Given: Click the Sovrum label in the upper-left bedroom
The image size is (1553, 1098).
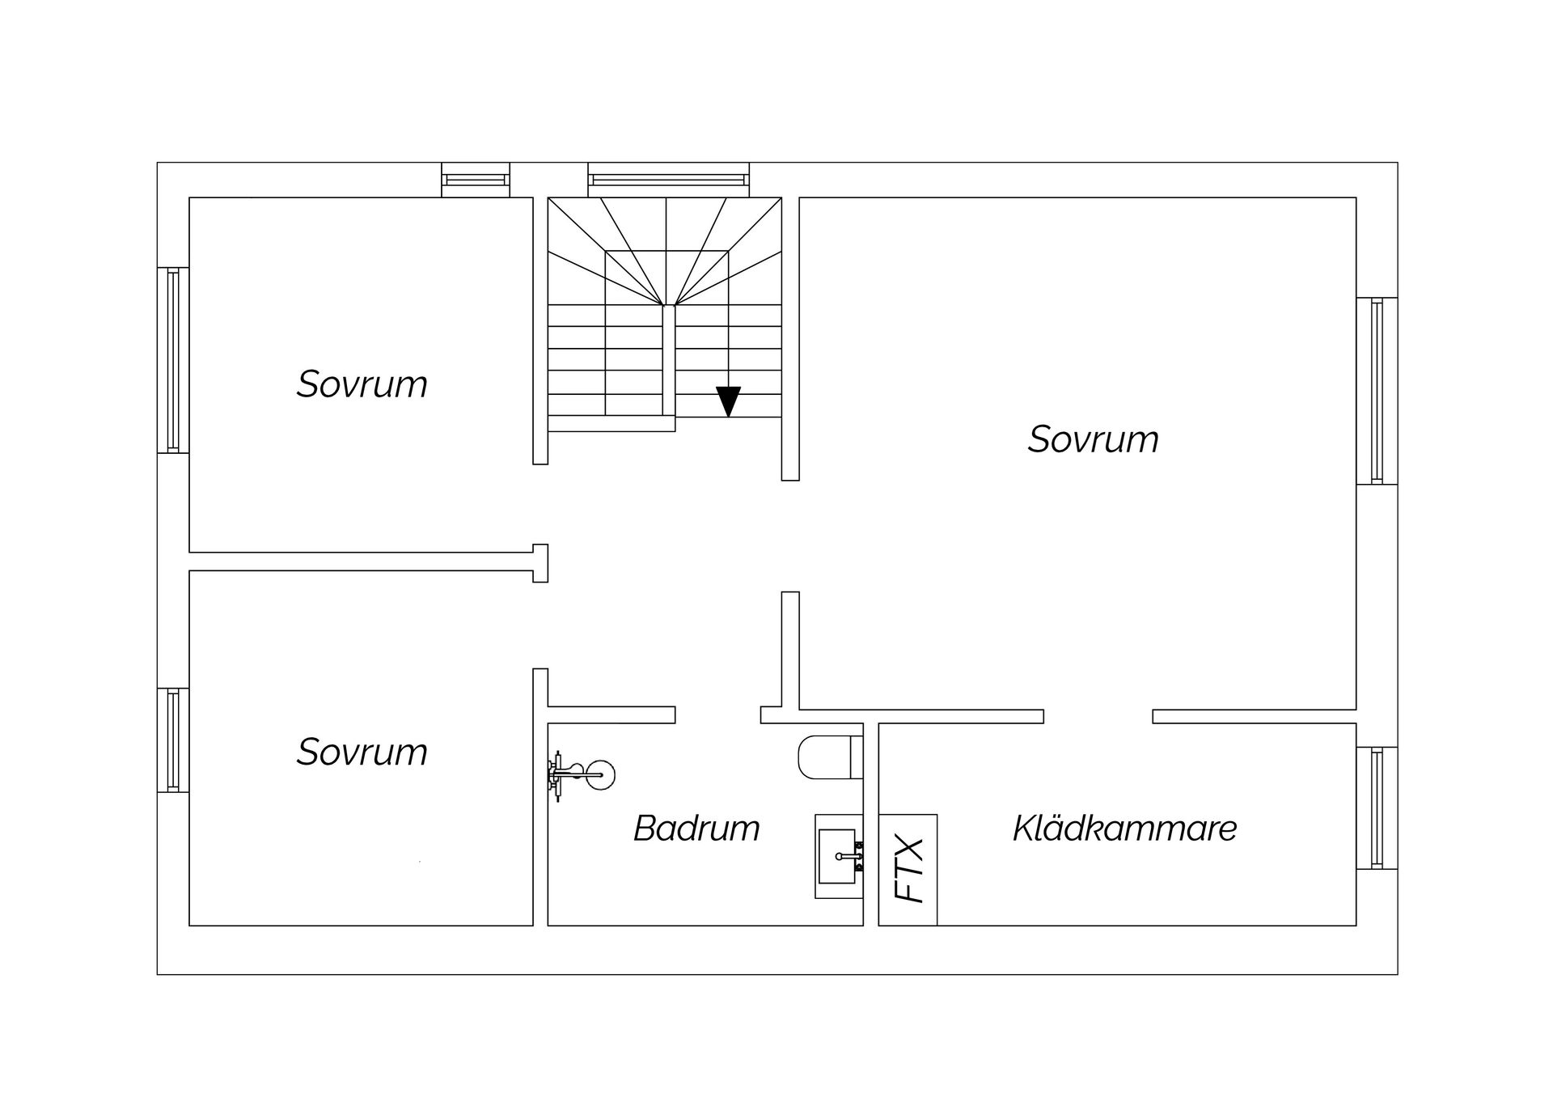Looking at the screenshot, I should pos(362,384).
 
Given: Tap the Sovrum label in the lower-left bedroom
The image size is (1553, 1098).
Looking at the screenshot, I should pos(362,752).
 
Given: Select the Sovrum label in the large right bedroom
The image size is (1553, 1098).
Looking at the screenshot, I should pos(1093,439).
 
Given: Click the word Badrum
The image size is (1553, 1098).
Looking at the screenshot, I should pos(696,828).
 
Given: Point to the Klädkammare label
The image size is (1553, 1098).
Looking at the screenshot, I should pos(1124,828).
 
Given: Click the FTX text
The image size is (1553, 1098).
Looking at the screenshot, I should pos(908,870).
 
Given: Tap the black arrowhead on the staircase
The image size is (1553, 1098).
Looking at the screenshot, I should pos(728,401).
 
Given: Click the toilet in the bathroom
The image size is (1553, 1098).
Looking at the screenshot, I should pos(829,757).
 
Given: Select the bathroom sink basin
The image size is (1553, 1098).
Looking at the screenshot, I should pos(837,855).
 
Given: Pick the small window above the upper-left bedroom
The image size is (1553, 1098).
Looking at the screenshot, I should pos(476,180).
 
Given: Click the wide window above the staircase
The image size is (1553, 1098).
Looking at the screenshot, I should pos(668,179).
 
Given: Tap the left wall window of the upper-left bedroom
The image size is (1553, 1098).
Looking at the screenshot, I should pos(172,360).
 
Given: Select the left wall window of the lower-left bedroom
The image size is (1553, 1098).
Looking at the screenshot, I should pos(172,740).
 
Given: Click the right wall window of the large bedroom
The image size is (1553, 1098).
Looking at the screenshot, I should pos(1377,391).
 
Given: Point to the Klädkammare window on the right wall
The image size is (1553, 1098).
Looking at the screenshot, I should pos(1377,808).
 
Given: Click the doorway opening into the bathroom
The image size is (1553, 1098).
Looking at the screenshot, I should pos(717,714).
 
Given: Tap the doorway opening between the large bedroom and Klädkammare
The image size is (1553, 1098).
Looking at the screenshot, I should pos(1098,716).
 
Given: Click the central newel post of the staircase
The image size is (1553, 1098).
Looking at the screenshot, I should pos(668,360).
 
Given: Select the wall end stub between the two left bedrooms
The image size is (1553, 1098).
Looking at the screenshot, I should pos(540,562).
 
